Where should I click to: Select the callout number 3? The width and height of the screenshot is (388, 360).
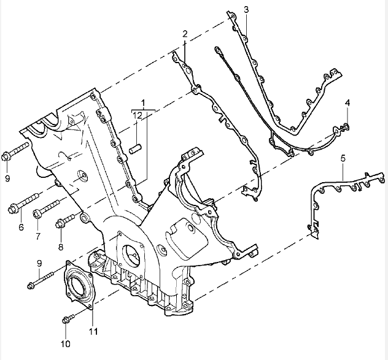click(246, 9)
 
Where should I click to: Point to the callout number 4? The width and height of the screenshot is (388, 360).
click(347, 102)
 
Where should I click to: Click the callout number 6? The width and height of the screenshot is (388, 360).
click(20, 227)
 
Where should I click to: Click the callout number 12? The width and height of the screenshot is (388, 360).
click(139, 115)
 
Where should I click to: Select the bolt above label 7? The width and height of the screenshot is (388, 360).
click(47, 209)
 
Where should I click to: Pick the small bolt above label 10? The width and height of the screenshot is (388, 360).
click(69, 318)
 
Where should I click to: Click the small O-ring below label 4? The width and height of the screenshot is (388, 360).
click(344, 127)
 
